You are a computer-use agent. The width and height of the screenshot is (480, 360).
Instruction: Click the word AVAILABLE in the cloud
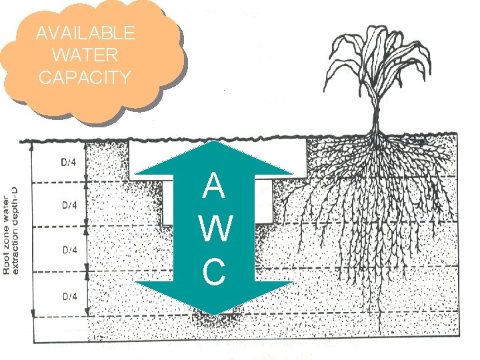pyautogui.click(x=85, y=33)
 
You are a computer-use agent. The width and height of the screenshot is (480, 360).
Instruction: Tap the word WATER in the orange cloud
pyautogui.click(x=85, y=55)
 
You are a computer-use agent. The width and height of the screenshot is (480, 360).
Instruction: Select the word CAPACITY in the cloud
pyautogui.click(x=85, y=77)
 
